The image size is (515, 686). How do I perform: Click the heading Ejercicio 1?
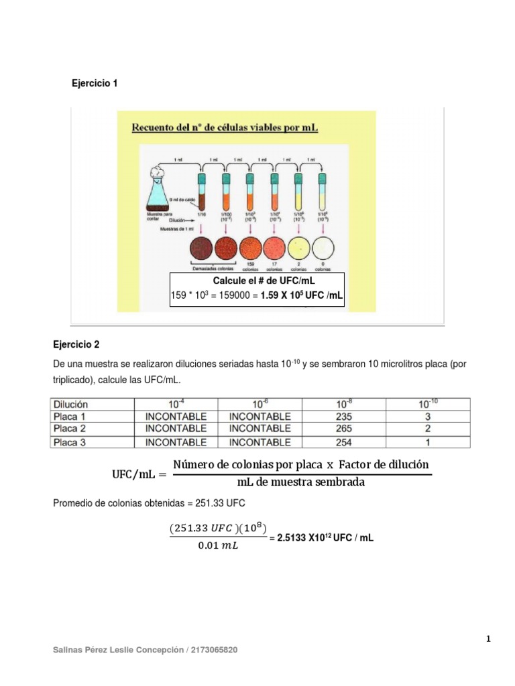(x=95, y=84)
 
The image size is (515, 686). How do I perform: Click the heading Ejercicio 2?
(x=76, y=345)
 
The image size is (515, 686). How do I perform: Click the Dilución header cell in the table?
(x=70, y=404)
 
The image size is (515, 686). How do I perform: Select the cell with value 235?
(x=343, y=417)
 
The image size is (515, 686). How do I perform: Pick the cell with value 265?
(x=343, y=429)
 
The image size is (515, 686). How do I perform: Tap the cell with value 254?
(x=343, y=442)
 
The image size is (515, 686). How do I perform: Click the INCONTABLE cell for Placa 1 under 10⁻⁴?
(x=176, y=417)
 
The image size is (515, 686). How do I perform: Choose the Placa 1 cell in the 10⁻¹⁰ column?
(x=428, y=417)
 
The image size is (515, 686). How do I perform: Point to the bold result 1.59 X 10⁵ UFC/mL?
(x=301, y=295)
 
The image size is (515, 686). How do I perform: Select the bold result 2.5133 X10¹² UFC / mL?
(x=321, y=537)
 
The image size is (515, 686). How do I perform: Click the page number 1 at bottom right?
(x=489, y=639)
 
